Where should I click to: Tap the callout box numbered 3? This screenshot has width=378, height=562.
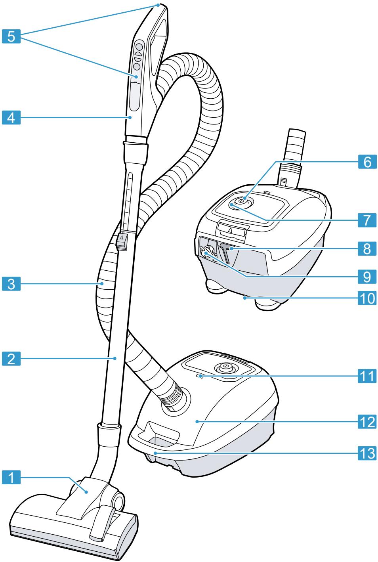click(x=11, y=284)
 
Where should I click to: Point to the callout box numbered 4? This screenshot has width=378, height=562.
click(x=11, y=117)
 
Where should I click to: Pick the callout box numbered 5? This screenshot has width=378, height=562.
click(x=11, y=36)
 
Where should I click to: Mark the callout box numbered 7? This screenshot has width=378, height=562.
click(x=367, y=219)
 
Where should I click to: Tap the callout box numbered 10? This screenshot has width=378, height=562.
click(x=367, y=298)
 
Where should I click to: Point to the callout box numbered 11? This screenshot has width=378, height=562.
click(x=367, y=375)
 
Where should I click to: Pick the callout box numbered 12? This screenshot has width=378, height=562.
click(x=367, y=422)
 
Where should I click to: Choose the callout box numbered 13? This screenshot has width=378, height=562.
click(x=367, y=452)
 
